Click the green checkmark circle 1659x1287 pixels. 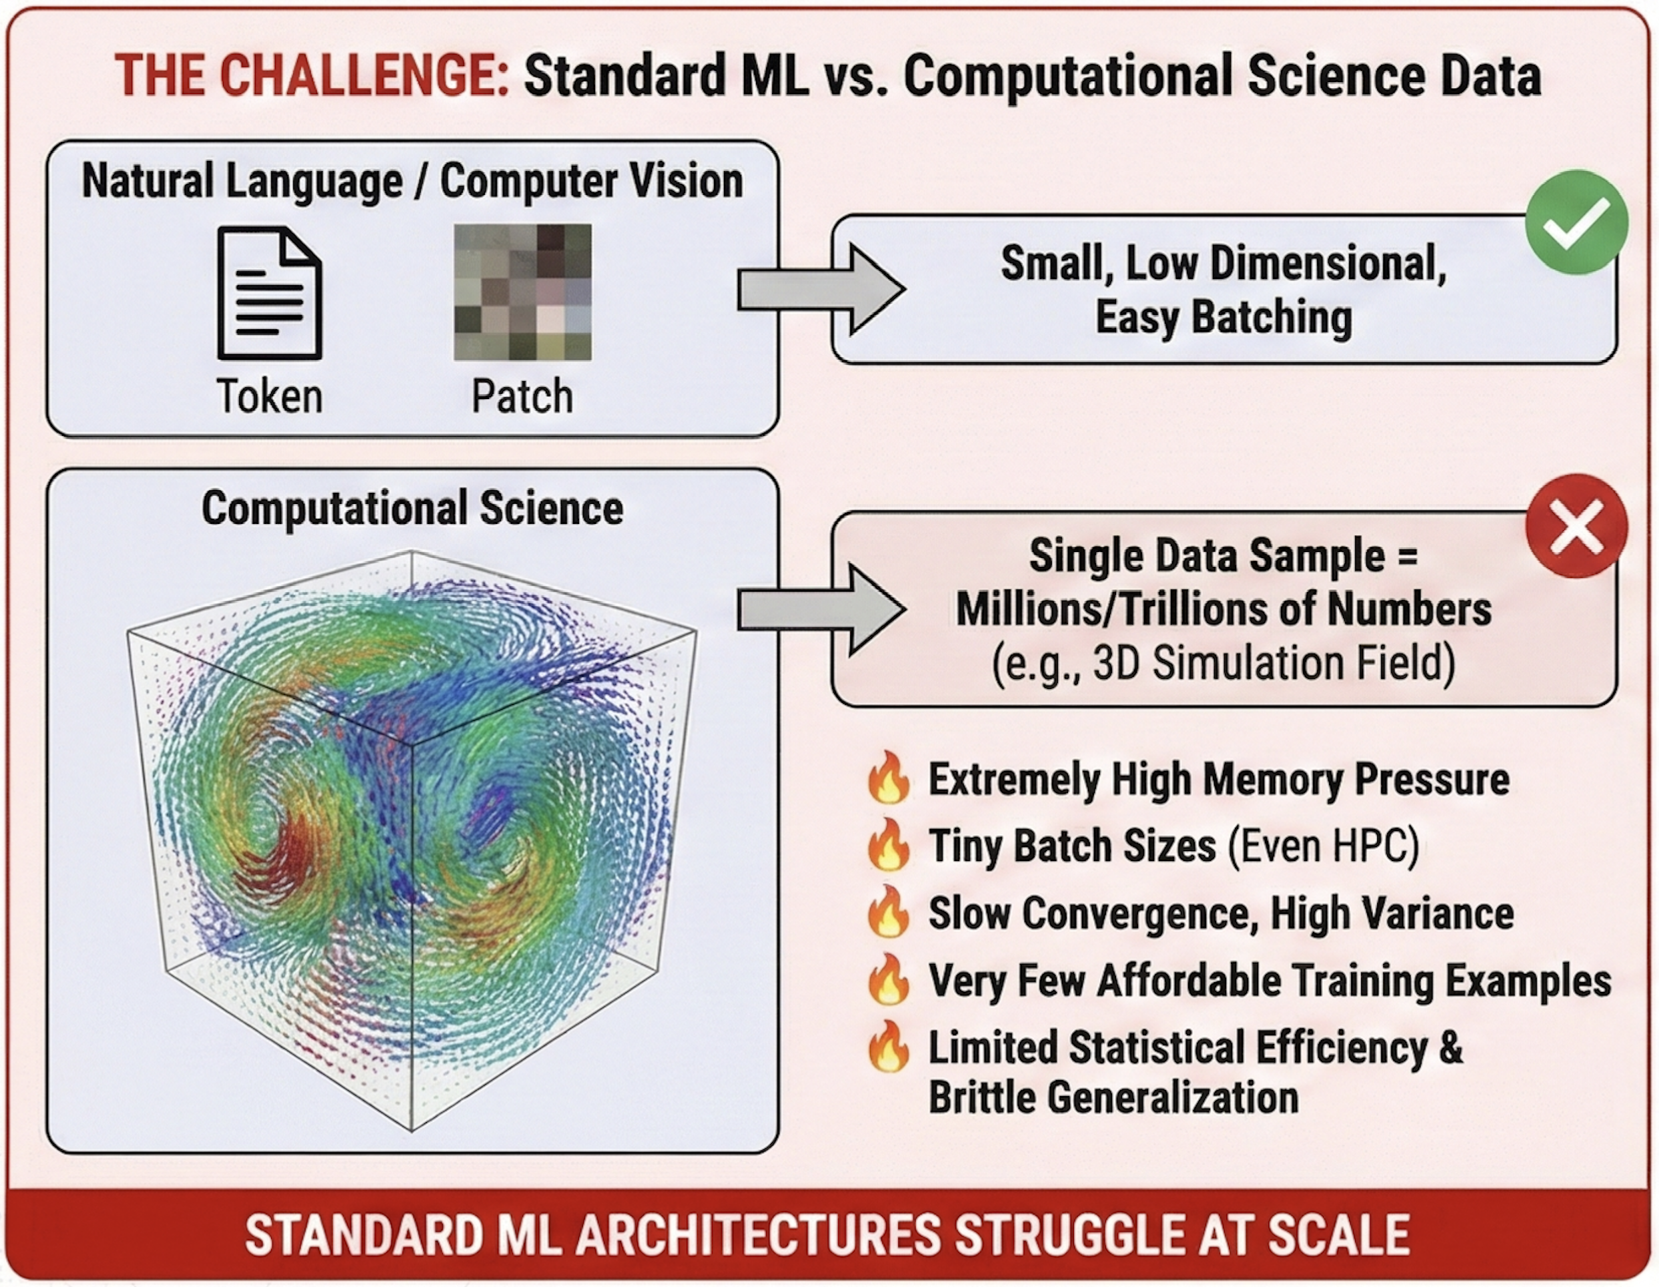tap(1576, 222)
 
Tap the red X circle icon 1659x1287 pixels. tap(1576, 525)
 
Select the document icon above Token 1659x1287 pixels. tap(270, 293)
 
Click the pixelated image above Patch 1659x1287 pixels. tap(523, 292)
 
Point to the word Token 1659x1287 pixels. tap(270, 397)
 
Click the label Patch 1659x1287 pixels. tap(523, 397)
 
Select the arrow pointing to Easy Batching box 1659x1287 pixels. tap(820, 289)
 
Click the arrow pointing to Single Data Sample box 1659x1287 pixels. tap(820, 609)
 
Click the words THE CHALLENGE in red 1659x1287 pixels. tap(311, 76)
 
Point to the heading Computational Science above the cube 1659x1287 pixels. tap(413, 508)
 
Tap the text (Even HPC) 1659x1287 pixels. tap(1322, 845)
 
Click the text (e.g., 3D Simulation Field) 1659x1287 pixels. tap(1223, 663)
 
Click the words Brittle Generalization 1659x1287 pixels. tap(1113, 1098)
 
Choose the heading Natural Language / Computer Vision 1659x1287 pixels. tap(413, 182)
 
